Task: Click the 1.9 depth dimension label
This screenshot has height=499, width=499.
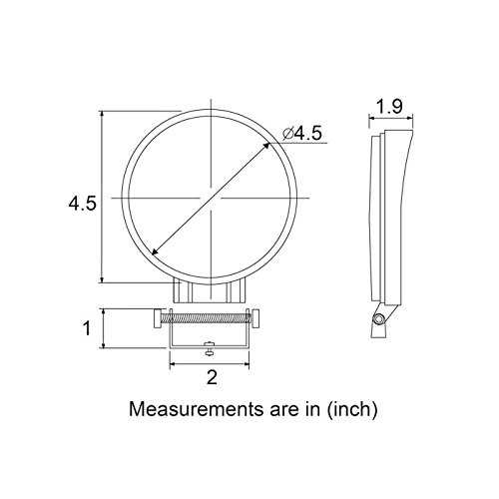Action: pos(389,107)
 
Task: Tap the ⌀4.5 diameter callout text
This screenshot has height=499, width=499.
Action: pos(302,134)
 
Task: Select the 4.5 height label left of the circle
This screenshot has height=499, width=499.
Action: pos(82,204)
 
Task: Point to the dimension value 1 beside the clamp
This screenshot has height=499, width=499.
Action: pos(87,328)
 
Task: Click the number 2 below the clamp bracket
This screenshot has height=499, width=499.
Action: pos(212,377)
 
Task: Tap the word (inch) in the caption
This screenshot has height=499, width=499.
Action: pos(352,409)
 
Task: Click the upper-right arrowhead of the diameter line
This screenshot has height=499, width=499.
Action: pos(265,146)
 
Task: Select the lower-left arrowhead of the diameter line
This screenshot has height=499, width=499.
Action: pos(155,251)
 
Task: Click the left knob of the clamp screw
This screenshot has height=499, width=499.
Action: pos(157,318)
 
